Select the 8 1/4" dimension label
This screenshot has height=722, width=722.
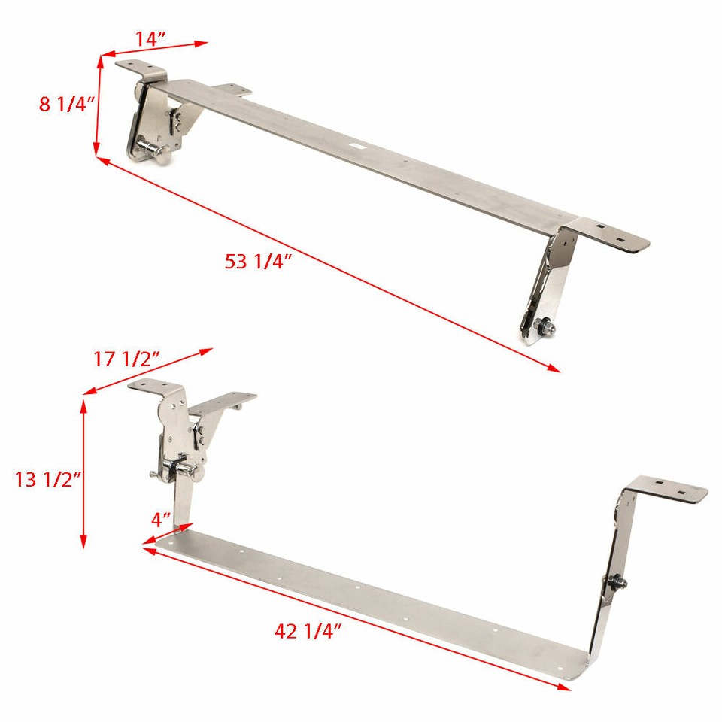click(x=66, y=104)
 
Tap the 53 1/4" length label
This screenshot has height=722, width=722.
click(x=258, y=262)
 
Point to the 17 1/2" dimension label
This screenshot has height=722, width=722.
click(x=126, y=359)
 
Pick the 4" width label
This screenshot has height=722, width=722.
click(x=161, y=520)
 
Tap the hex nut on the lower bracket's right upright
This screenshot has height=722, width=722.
click(x=616, y=581)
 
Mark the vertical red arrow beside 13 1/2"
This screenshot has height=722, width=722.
click(x=83, y=474)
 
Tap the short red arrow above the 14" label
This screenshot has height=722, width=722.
click(x=154, y=49)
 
